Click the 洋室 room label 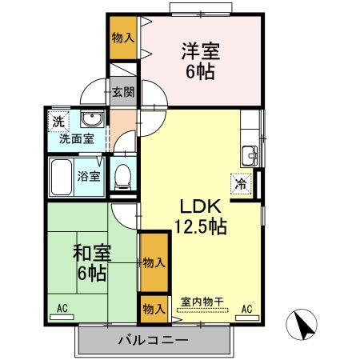pyautogui.click(x=199, y=50)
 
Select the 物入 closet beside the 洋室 pyautogui.click(x=122, y=38)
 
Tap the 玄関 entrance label pyautogui.click(x=122, y=92)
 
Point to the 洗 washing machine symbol pyautogui.click(x=58, y=122)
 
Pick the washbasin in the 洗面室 pyautogui.click(x=92, y=120)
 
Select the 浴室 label pyautogui.click(x=88, y=175)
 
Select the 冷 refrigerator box pyautogui.click(x=240, y=183)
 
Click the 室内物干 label pyautogui.click(x=201, y=301)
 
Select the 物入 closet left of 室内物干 pyautogui.click(x=154, y=308)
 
